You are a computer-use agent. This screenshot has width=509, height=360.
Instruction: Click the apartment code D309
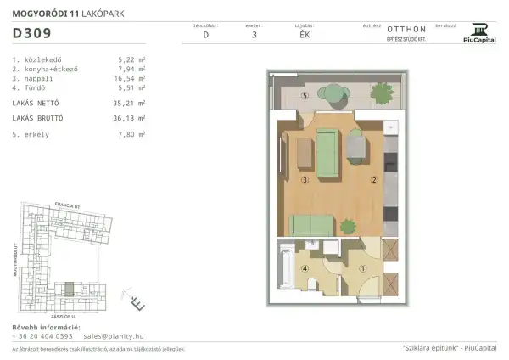(x=31, y=34)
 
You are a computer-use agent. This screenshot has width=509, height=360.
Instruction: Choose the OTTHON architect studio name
(x=406, y=28)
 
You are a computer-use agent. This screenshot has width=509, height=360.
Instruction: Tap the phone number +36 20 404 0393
(x=43, y=336)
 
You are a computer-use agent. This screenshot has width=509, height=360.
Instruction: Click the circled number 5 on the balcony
(x=281, y=96)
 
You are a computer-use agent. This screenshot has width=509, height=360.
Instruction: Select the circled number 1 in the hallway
(x=363, y=271)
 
